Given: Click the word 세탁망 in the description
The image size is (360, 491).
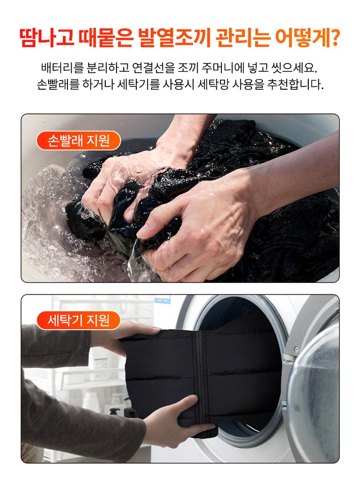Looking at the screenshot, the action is pos(213,84).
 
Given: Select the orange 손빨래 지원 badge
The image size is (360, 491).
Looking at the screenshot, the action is pos(79,141).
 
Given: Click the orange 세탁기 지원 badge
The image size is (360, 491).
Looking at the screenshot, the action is pos(79,320).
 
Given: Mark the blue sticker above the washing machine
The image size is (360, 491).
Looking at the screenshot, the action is pos(162,299).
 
